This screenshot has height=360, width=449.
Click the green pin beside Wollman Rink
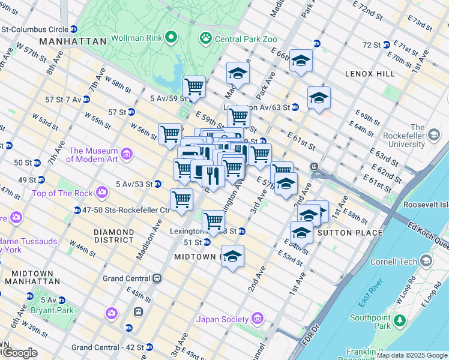click(171, 38)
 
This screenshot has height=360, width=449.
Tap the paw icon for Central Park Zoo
click(206, 38)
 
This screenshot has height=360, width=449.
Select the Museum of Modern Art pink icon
click(127, 155)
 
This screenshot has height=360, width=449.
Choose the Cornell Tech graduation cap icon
click(426, 261)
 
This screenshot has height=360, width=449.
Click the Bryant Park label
click(55, 310)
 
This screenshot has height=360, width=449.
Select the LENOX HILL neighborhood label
click(370, 73)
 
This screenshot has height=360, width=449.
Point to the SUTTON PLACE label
click(350, 233)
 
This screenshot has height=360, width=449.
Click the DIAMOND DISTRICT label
click(113, 236)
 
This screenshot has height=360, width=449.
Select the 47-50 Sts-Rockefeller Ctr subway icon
click(77, 210)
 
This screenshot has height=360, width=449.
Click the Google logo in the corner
click(19, 353)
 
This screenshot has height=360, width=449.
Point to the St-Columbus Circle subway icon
click(73, 28)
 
